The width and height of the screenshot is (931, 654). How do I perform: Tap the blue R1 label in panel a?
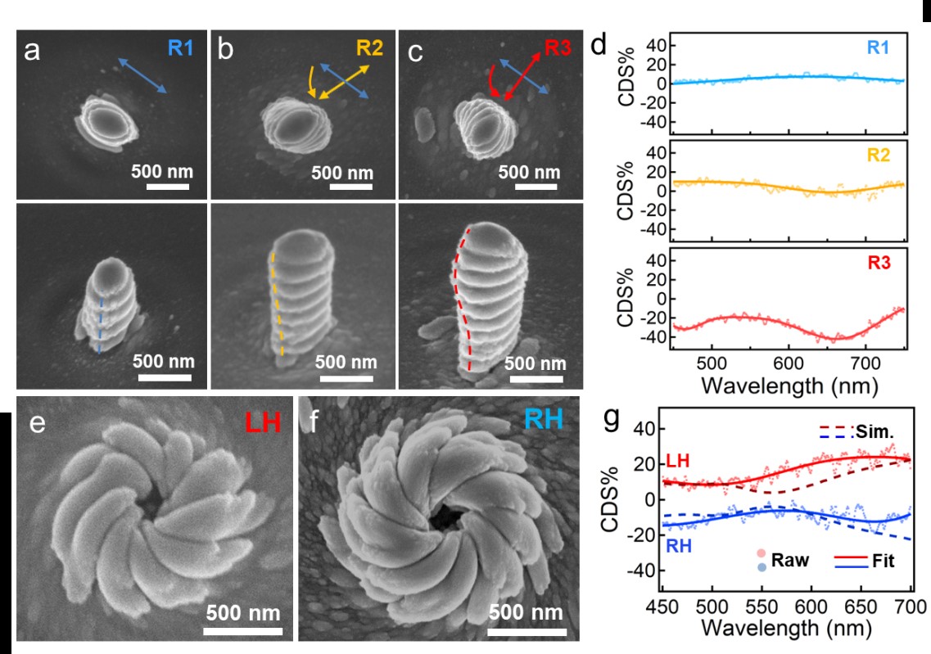(180, 49)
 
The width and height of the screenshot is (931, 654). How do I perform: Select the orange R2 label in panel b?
(369, 48)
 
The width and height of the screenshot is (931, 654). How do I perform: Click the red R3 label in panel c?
(558, 48)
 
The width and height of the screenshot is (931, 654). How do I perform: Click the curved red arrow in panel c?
(494, 83)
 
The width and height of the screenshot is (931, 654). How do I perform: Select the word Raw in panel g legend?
(790, 561)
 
